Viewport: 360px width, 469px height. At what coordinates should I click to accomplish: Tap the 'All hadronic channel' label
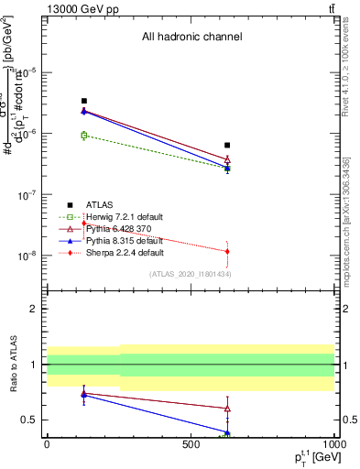(x=191, y=38)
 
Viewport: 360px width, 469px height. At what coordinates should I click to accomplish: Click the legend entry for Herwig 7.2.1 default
(x=117, y=216)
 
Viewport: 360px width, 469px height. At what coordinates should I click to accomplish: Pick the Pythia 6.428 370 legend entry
(x=115, y=228)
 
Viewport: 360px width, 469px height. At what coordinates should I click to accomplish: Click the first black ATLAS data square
(x=84, y=101)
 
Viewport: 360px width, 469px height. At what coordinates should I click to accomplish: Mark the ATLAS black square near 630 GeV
(x=227, y=145)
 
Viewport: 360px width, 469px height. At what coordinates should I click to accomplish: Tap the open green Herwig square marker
(x=84, y=136)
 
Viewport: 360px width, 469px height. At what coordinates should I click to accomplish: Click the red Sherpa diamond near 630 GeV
(x=227, y=251)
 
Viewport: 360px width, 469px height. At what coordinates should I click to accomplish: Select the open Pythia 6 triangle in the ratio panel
(x=227, y=409)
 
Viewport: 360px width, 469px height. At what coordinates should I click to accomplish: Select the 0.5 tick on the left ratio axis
(x=30, y=420)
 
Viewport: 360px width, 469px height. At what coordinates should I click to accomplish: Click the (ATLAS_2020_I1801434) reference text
(x=190, y=274)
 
